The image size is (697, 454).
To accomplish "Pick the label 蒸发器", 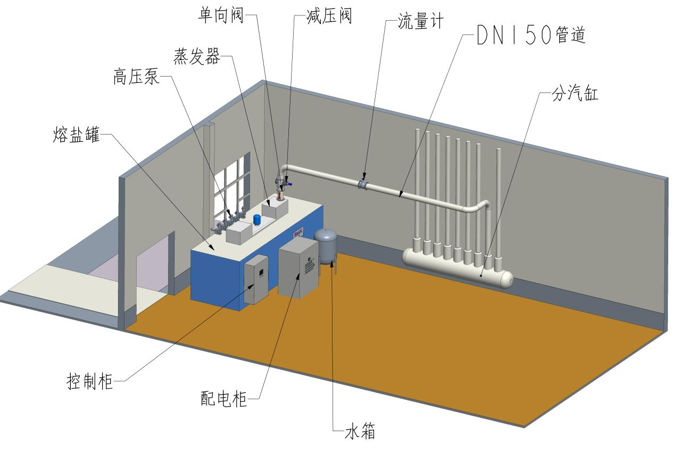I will pyautogui.click(x=197, y=56).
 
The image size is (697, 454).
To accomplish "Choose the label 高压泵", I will pyautogui.click(x=136, y=78).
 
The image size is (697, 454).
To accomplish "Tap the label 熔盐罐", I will pyautogui.click(x=77, y=134).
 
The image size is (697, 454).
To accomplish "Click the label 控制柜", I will pyautogui.click(x=90, y=381).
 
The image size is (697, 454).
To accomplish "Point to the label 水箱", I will pyautogui.click(x=360, y=431).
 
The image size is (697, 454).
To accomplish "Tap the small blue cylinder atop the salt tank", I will pyautogui.click(x=257, y=219).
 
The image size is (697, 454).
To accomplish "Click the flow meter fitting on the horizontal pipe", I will pyautogui.click(x=363, y=184).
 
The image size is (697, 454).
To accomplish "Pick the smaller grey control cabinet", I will pyautogui.click(x=256, y=279).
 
